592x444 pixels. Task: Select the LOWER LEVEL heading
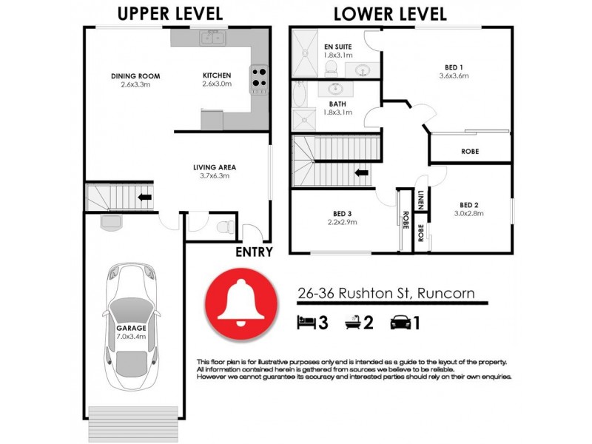(x=390, y=13)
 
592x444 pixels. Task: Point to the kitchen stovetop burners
(x=259, y=78)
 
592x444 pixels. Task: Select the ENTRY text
(x=254, y=252)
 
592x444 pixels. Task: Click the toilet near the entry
(x=227, y=225)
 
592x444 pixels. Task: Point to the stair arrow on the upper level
(x=145, y=198)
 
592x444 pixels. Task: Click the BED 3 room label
(x=341, y=216)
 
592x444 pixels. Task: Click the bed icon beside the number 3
(x=306, y=322)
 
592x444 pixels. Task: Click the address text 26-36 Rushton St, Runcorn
(x=391, y=293)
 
